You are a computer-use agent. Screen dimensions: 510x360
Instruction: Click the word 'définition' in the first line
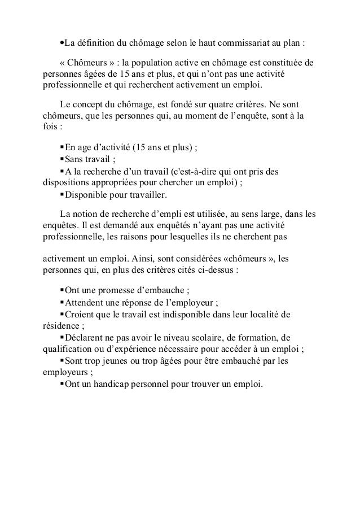[95, 43]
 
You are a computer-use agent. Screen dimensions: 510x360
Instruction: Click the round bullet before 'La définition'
[62, 43]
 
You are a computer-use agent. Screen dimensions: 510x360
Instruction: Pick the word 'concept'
[90, 105]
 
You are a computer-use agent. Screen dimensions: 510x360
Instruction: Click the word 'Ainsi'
[159, 257]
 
